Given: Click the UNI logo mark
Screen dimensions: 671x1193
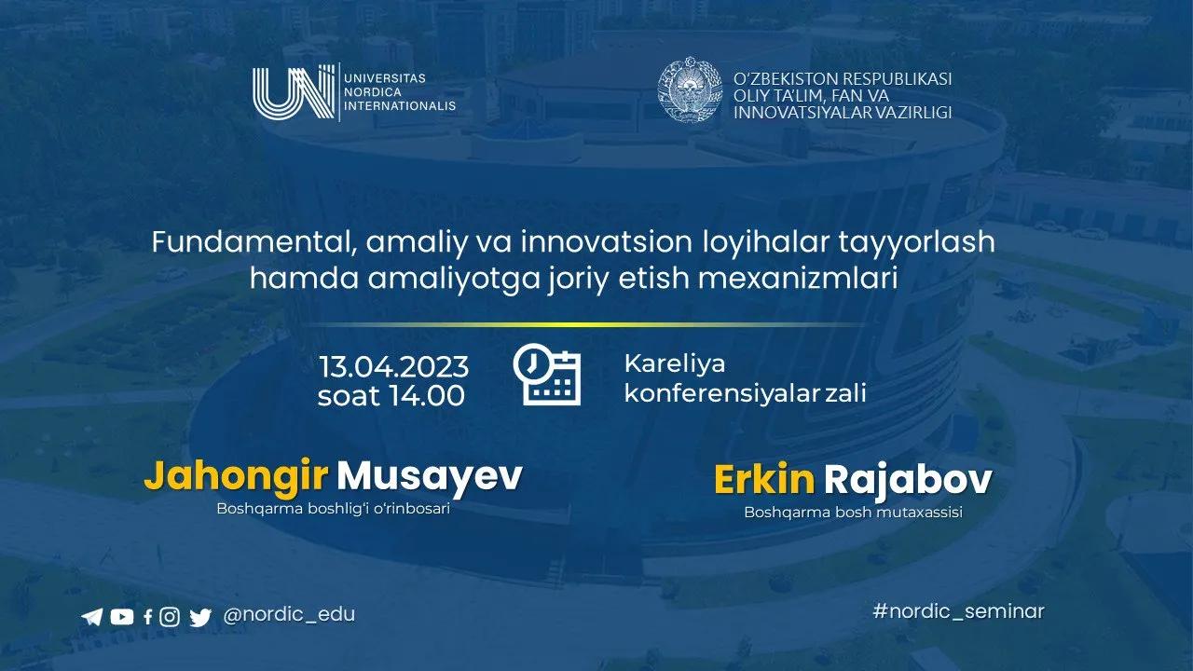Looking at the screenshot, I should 294,93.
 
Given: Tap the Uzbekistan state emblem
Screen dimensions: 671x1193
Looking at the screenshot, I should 691,91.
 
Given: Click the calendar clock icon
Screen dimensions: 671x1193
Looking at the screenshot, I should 547,376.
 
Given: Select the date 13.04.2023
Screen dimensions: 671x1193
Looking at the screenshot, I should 393,364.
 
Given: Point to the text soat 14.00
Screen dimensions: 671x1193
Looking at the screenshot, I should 391,396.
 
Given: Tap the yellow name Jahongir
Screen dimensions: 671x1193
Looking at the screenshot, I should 236,476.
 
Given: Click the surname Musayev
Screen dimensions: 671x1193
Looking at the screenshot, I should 429,476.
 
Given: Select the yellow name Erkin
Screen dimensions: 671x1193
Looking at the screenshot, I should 764,480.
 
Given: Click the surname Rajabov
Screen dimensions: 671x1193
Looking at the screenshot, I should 908,480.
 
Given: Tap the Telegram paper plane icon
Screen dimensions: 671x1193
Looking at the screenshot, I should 91,616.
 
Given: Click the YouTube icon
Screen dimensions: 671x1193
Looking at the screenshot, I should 121,616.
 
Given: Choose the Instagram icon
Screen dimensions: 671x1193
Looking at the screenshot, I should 169,616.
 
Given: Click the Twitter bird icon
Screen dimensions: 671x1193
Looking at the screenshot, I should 199,616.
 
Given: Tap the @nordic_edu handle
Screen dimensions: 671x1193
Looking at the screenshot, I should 290,615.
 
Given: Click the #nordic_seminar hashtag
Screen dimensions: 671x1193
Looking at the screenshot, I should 958,611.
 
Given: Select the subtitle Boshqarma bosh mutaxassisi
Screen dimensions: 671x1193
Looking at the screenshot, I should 853,513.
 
